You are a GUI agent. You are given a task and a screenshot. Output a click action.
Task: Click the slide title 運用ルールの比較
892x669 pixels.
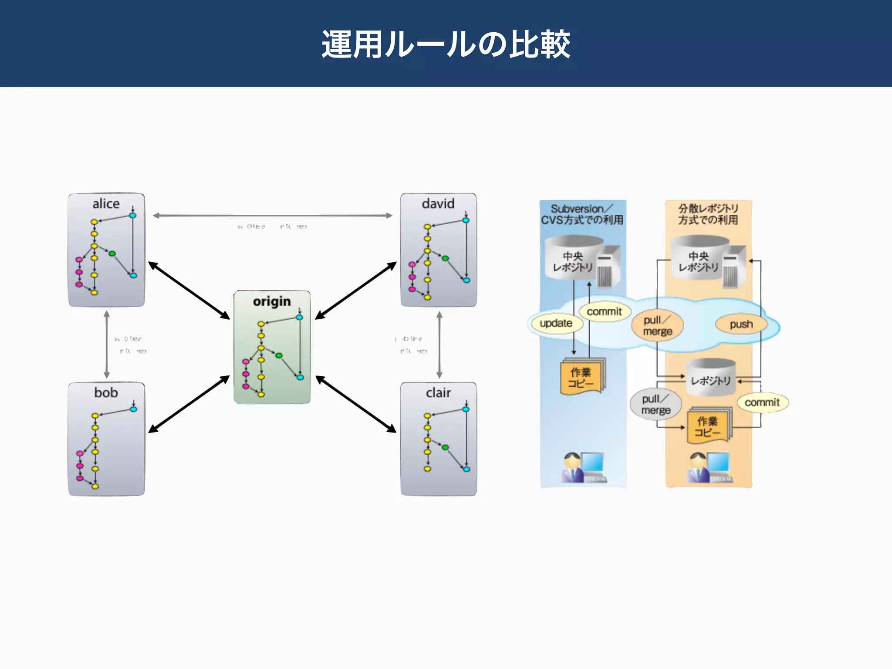pyautogui.click(x=446, y=44)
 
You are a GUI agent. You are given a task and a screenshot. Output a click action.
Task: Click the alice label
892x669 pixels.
pyautogui.click(x=106, y=204)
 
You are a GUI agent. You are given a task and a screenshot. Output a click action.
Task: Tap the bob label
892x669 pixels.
pyautogui.click(x=106, y=393)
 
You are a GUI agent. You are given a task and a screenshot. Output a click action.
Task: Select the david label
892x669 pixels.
pyautogui.click(x=438, y=204)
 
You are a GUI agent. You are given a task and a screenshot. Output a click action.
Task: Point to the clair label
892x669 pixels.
pyautogui.click(x=438, y=393)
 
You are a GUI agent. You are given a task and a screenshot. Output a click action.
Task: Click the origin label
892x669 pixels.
pyautogui.click(x=271, y=301)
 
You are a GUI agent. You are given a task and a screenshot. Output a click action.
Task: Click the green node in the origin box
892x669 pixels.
pyautogui.click(x=279, y=356)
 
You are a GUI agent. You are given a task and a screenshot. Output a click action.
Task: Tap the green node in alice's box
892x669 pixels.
pyautogui.click(x=112, y=253)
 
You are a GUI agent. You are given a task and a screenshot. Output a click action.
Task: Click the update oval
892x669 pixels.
pyautogui.click(x=555, y=323)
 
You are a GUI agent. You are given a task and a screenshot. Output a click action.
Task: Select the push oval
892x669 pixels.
pyautogui.click(x=741, y=324)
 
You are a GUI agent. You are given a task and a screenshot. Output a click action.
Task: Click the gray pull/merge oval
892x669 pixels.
pyautogui.click(x=655, y=405)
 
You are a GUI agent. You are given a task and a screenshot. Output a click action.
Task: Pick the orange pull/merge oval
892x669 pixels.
pyautogui.click(x=657, y=326)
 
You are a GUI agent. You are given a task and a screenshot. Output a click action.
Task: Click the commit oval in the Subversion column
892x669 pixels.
pyautogui.click(x=604, y=312)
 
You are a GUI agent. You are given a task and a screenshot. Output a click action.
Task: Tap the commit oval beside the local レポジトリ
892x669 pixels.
pyautogui.click(x=762, y=402)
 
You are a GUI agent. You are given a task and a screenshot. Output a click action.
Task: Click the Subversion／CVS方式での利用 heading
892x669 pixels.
pyautogui.click(x=582, y=214)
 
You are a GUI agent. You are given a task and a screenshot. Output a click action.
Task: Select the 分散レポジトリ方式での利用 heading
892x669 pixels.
pyautogui.click(x=708, y=214)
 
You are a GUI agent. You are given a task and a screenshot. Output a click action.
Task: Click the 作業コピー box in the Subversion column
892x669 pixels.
pyautogui.click(x=581, y=378)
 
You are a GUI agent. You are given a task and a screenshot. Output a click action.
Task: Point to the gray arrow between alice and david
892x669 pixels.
pyautogui.click(x=272, y=215)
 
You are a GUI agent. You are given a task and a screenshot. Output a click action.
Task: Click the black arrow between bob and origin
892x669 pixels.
pyautogui.click(x=189, y=404)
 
